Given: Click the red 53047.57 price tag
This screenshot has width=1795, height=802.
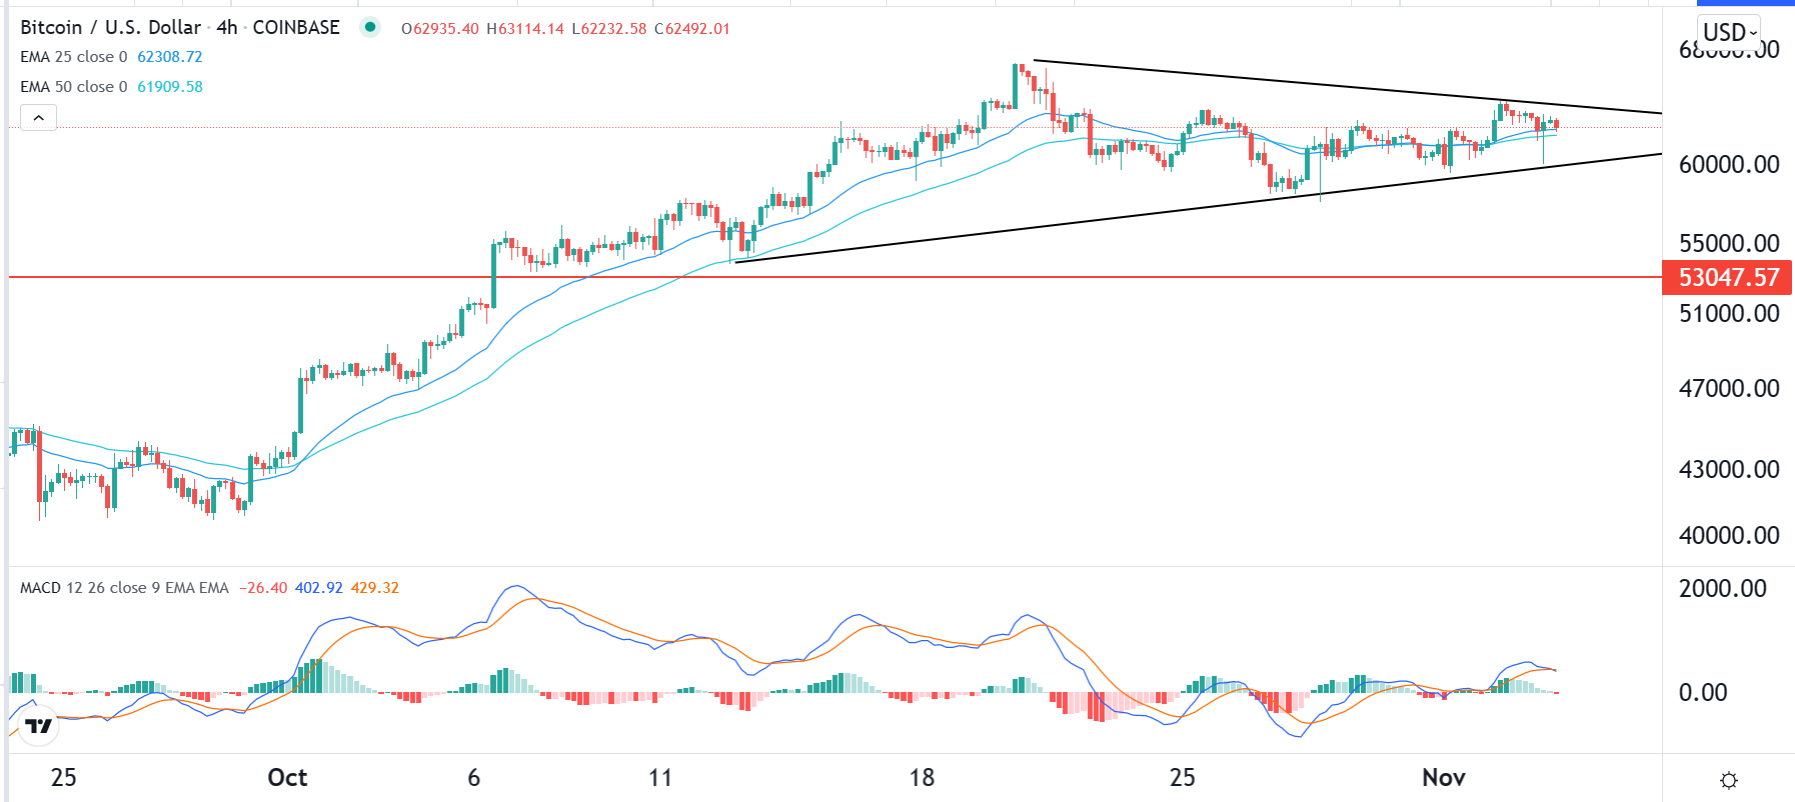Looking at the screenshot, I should click(1727, 277).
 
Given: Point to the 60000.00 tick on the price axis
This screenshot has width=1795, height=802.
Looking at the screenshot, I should click(1728, 164).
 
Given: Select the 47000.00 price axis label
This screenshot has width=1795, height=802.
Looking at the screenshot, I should click(1728, 388).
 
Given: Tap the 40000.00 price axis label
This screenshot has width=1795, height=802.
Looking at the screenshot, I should click(1728, 535).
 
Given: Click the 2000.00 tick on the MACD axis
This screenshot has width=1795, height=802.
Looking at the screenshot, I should click(1722, 588).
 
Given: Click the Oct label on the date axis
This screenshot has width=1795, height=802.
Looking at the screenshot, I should click(287, 777).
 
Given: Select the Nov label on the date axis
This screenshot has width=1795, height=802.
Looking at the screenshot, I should click(1443, 777).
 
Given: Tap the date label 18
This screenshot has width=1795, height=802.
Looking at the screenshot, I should click(921, 777).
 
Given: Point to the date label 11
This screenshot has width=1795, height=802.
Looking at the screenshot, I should click(660, 777).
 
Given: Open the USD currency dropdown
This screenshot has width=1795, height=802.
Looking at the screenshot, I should click(1729, 32).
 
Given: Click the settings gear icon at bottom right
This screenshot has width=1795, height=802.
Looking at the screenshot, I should click(1728, 780).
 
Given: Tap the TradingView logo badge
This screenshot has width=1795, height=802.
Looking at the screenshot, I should click(39, 726).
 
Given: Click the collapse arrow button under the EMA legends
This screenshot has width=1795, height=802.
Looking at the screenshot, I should click(38, 118).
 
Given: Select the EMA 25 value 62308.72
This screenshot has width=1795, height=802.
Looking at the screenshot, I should click(170, 57).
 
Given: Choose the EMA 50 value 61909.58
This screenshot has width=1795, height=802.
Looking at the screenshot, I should click(170, 87).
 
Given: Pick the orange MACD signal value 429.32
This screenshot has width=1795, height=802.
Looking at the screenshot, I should click(375, 588).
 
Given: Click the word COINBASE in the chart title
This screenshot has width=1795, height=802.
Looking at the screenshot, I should click(296, 28).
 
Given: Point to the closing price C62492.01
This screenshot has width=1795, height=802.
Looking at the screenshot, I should click(692, 29).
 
